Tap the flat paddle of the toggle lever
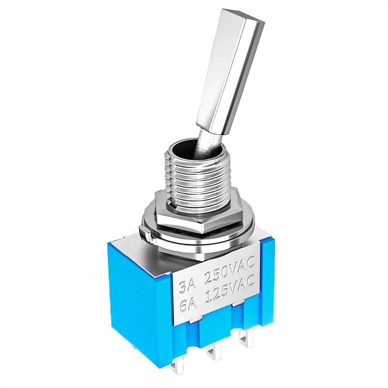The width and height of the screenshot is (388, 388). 230,72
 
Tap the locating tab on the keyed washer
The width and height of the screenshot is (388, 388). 145,234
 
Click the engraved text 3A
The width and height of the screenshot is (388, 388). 188,287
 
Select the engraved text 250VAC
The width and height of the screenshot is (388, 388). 229,272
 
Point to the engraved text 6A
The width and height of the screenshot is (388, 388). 189,307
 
